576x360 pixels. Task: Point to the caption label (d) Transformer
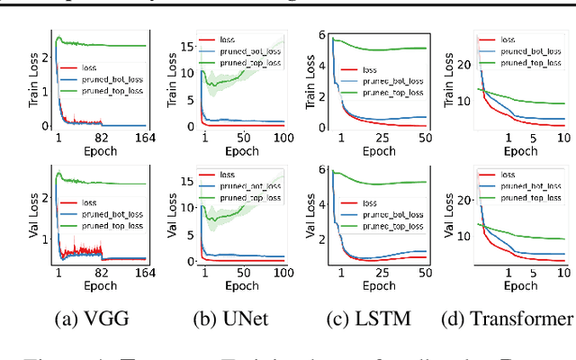tap(508, 318)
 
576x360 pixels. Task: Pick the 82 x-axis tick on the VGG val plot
tap(102, 273)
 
